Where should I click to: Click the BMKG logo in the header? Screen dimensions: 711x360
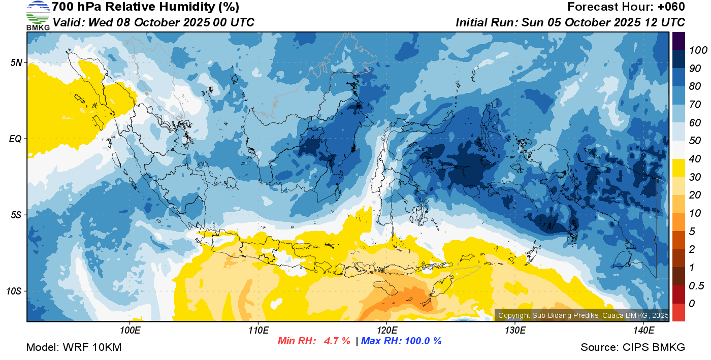(x=38, y=16)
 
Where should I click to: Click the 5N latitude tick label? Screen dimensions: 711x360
(x=16, y=62)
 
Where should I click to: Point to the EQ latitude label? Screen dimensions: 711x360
(x=15, y=139)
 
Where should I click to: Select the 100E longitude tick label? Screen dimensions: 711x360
(x=130, y=331)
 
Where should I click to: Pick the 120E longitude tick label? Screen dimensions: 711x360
(x=387, y=331)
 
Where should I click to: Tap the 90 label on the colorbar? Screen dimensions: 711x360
(x=695, y=69)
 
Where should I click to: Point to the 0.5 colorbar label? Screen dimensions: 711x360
(x=696, y=286)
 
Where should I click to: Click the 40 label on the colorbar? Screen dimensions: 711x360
(x=695, y=159)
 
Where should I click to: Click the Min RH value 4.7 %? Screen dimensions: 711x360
(x=337, y=341)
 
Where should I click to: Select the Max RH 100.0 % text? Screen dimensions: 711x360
(x=401, y=341)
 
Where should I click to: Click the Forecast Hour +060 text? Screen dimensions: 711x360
(x=626, y=7)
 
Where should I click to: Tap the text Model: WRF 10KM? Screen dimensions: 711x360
(x=74, y=347)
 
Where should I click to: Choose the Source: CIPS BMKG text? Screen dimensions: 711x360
(x=633, y=347)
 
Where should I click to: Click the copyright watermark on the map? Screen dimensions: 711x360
(x=583, y=315)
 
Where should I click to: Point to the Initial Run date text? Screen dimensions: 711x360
(x=603, y=22)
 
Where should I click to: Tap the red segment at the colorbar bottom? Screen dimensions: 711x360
(x=678, y=312)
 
